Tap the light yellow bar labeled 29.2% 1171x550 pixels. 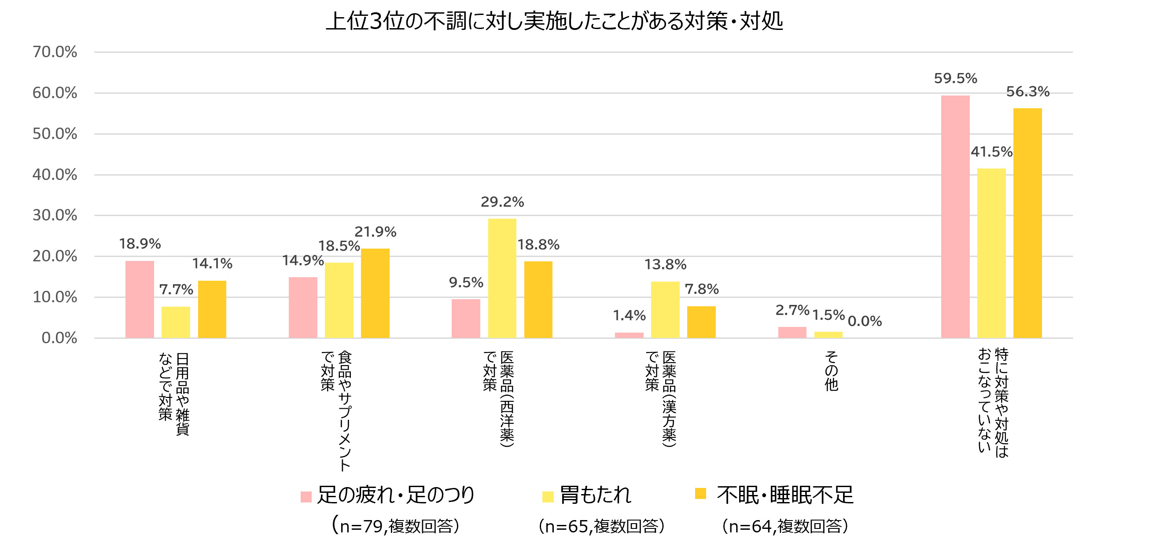(x=502, y=278)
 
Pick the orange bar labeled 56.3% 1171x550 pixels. (x=1027, y=223)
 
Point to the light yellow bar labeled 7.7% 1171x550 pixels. (x=176, y=322)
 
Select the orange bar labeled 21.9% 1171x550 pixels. (x=375, y=293)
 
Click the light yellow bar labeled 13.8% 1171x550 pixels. (x=665, y=309)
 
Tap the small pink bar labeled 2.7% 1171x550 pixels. (x=792, y=332)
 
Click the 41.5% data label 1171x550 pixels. (x=991, y=152)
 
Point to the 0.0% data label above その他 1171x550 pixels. (x=865, y=322)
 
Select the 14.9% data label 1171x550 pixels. (x=303, y=260)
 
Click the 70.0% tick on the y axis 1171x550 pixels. (x=55, y=52)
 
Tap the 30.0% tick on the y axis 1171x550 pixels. (x=55, y=215)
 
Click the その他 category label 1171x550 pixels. (x=831, y=370)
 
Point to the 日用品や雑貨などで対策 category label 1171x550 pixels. (x=173, y=393)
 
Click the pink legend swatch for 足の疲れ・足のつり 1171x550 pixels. (x=306, y=497)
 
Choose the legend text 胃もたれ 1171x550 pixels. (x=596, y=495)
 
